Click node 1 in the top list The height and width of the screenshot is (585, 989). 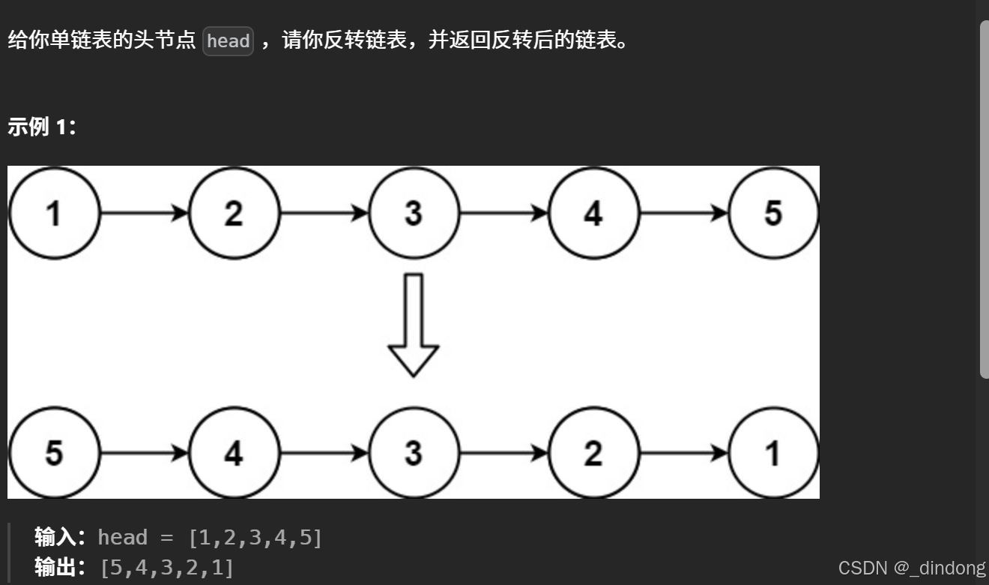point(53,214)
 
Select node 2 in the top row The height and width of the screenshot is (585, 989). point(234,214)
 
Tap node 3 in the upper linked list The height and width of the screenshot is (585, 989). point(414,214)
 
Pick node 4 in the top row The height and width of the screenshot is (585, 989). point(593,214)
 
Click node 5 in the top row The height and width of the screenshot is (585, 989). point(773,214)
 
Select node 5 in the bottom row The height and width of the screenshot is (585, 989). point(53,453)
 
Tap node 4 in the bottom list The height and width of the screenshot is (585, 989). point(234,453)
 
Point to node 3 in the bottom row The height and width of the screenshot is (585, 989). point(414,453)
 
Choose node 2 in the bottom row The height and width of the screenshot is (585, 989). point(593,453)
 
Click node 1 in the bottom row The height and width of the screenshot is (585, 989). point(773,453)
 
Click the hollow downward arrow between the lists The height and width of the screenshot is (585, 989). point(414,325)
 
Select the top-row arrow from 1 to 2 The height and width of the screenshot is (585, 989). point(144,214)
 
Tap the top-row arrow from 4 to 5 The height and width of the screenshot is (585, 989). point(684,214)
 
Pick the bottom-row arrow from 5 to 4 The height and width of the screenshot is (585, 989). point(144,453)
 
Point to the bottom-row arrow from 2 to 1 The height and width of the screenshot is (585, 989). point(684,453)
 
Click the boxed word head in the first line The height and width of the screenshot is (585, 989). point(228,41)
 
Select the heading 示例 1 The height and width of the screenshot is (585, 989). point(41,127)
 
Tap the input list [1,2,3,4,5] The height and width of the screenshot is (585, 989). point(255,538)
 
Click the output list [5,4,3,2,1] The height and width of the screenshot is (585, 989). point(166,568)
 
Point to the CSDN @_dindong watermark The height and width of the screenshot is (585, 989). point(911,568)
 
